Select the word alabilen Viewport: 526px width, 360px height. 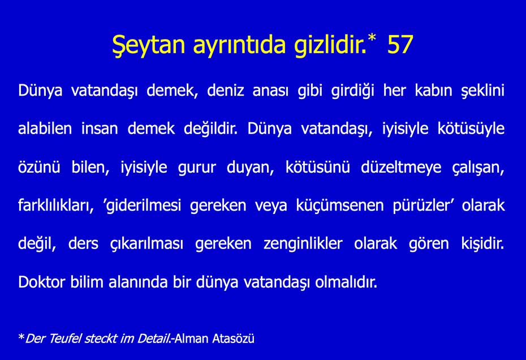[45, 128]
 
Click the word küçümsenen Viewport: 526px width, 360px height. [338, 205]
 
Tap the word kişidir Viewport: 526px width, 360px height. [480, 244]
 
